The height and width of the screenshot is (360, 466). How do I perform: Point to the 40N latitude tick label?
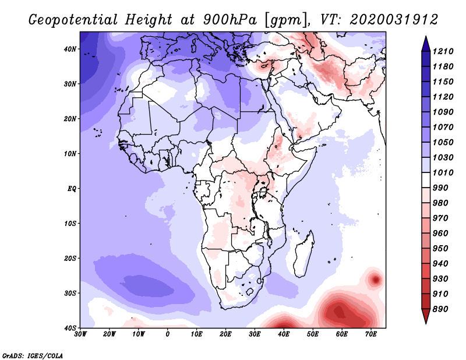[x=70, y=49]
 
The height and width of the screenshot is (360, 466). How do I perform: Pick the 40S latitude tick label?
[x=70, y=328]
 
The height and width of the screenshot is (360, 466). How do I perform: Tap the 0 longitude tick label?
[x=168, y=334]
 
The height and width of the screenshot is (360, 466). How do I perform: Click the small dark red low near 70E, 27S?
[x=376, y=280]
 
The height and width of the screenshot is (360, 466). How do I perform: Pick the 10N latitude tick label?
[x=70, y=154]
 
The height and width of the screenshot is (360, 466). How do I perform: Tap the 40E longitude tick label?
[x=284, y=334]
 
